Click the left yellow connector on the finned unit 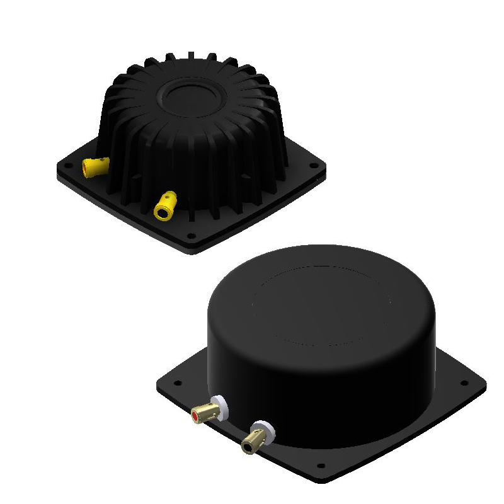[x=94, y=167]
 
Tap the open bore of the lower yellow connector [x=163, y=212]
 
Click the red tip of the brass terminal [x=198, y=416]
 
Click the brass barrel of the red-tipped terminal [x=207, y=413]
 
